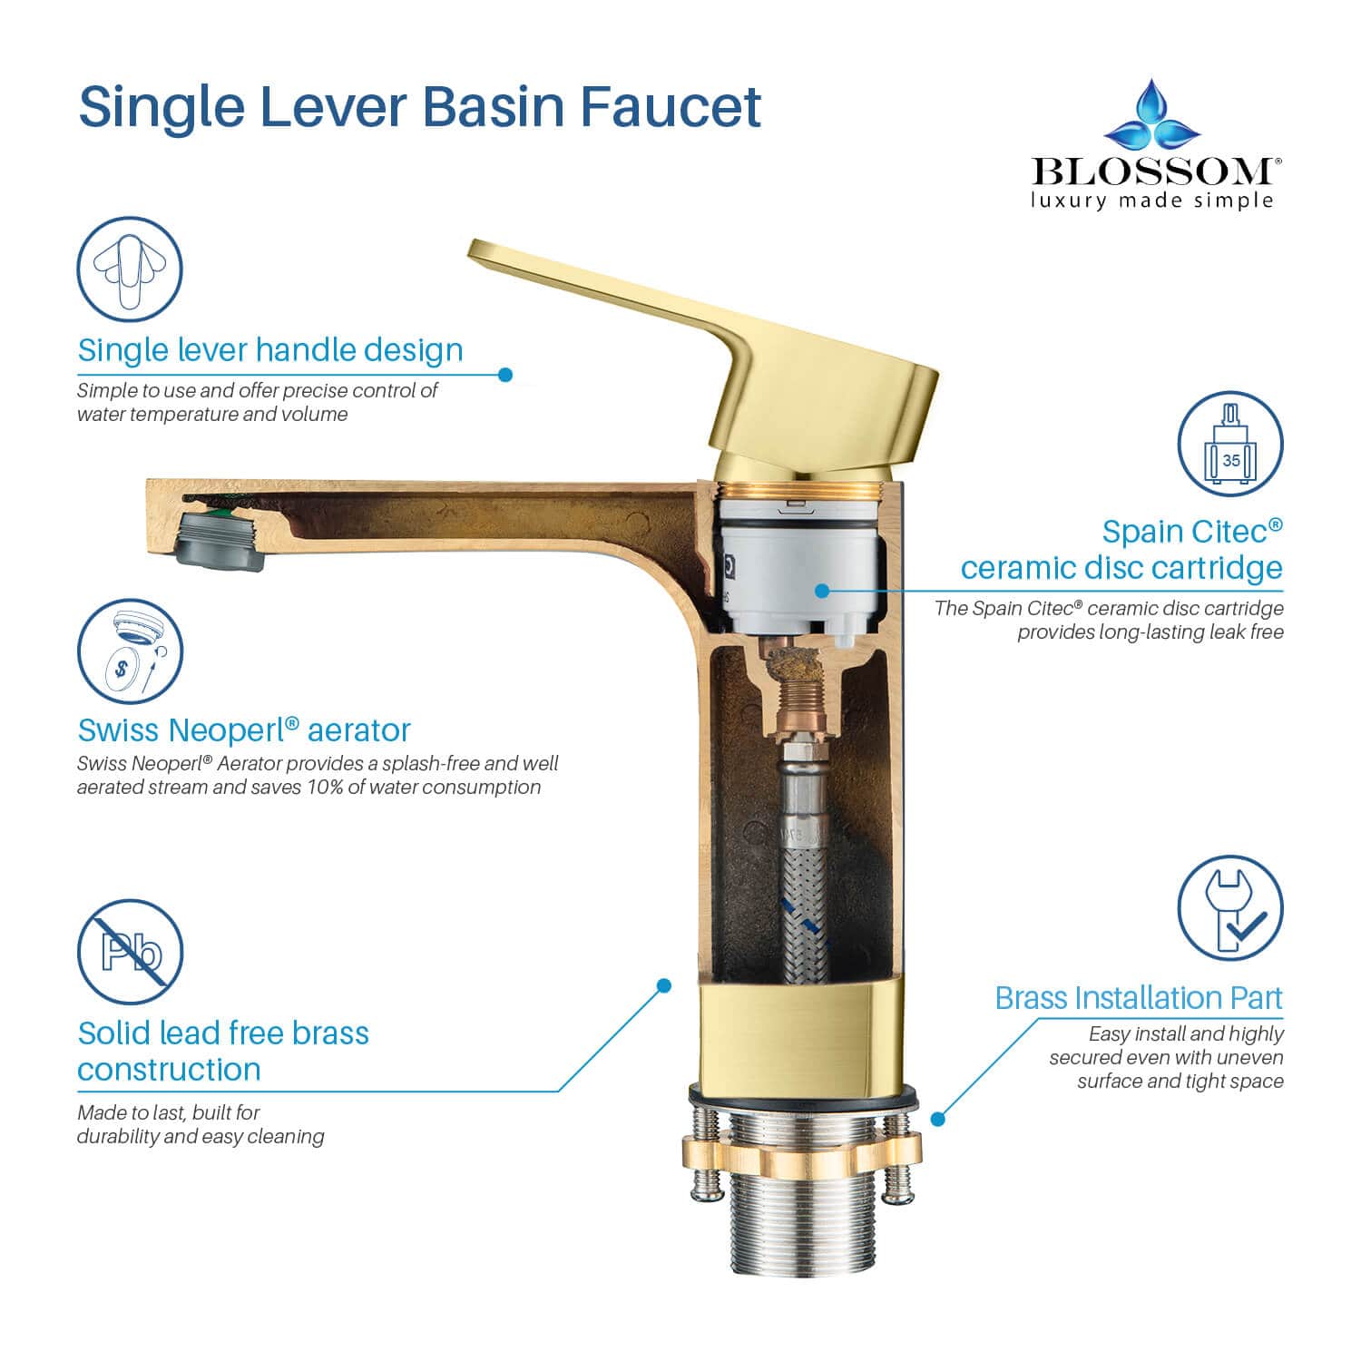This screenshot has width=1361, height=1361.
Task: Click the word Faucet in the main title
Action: (670, 107)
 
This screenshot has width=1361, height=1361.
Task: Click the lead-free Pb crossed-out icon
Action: (131, 953)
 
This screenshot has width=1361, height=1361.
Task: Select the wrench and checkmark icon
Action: (1230, 908)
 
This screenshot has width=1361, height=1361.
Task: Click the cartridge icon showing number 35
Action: (1230, 444)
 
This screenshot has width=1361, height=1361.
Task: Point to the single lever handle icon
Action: (130, 269)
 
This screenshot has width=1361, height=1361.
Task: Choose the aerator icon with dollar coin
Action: (130, 651)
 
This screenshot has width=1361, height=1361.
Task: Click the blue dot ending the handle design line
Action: (506, 374)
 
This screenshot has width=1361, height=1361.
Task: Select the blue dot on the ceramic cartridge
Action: (822, 590)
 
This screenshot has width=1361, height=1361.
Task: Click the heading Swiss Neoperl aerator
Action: (244, 729)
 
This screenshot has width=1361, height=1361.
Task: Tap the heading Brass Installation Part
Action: (1139, 997)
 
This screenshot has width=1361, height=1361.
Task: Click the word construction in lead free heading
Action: (169, 1069)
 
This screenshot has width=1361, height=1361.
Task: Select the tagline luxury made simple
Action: (1151, 200)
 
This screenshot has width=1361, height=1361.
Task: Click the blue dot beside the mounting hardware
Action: (939, 1119)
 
